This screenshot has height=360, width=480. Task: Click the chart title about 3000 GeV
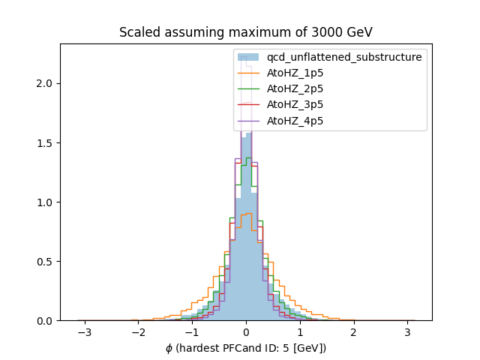click(x=245, y=33)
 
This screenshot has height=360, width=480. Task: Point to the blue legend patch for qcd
click(x=247, y=57)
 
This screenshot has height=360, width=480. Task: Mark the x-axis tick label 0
click(x=246, y=332)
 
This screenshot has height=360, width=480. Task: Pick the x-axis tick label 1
click(x=300, y=332)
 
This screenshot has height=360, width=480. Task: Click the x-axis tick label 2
click(x=353, y=332)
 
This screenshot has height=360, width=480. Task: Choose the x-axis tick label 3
click(x=407, y=332)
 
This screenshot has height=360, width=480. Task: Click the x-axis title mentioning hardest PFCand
click(x=245, y=348)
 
